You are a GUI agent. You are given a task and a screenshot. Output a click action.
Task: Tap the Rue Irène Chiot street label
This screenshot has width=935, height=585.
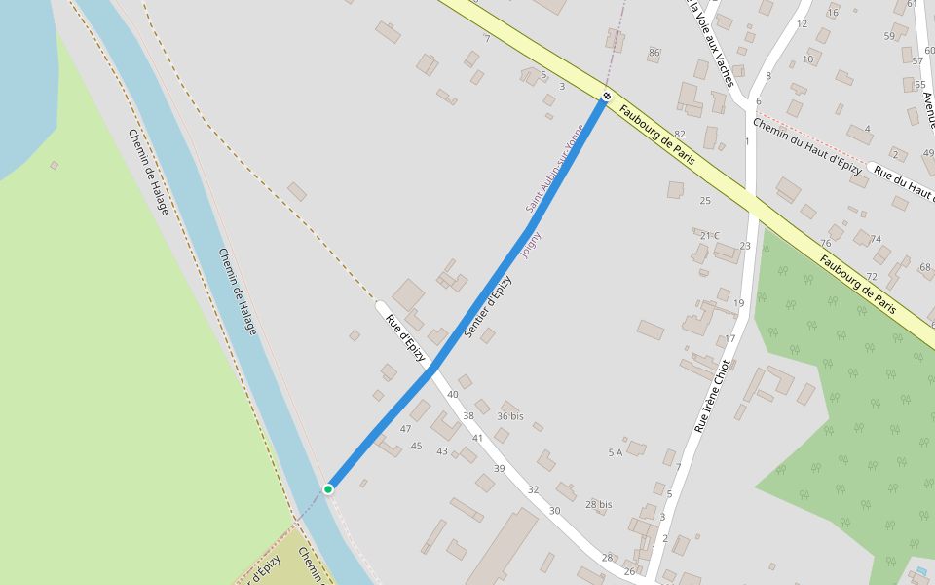tap(712, 396)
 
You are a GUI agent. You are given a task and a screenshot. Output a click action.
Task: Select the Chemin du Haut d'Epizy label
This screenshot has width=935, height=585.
tap(807, 147)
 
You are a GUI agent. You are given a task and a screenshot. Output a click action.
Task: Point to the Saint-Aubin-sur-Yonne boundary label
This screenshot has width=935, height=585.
tap(554, 169)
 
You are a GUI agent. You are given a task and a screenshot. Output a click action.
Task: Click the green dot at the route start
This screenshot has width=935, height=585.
tap(329, 488)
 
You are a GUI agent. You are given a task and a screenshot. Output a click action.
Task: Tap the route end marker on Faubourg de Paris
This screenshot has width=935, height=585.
tap(606, 96)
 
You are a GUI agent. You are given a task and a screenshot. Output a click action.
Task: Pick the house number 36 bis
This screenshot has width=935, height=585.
tap(510, 416)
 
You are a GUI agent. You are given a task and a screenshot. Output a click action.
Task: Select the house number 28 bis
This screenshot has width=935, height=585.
tap(599, 504)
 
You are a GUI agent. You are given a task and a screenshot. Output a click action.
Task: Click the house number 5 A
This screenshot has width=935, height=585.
tap(615, 452)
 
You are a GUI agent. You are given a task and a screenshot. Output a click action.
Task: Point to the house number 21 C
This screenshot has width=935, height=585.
tap(710, 235)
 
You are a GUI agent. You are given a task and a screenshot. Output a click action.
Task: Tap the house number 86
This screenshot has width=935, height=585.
tap(654, 52)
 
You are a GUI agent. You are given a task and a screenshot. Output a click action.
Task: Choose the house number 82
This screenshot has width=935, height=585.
tap(680, 134)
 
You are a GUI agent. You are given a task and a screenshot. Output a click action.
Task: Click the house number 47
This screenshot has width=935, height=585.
tap(405, 429)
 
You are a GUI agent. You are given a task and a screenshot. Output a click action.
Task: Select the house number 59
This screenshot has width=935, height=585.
tap(889, 36)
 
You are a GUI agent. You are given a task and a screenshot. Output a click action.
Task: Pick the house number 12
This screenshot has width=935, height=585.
tap(802, 23)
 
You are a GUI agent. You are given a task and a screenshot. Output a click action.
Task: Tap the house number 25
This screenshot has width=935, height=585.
tap(705, 200)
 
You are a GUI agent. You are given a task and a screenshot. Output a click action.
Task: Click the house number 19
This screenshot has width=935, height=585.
tap(738, 303)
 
